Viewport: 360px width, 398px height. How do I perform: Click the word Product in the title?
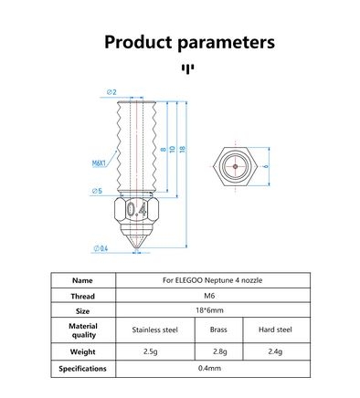tap(139, 42)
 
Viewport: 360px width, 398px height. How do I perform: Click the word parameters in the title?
tap(226, 43)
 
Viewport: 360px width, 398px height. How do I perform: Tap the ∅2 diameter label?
tap(111, 92)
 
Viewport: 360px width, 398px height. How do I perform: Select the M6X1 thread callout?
tap(99, 163)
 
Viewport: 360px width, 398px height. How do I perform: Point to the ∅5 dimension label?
tap(97, 191)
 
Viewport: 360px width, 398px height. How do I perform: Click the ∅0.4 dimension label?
tap(101, 248)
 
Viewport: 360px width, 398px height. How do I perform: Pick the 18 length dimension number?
tap(182, 149)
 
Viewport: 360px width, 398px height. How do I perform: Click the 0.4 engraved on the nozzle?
tap(137, 209)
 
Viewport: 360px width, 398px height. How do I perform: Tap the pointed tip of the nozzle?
tap(137, 249)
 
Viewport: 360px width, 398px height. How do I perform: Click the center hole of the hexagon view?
tap(235, 166)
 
